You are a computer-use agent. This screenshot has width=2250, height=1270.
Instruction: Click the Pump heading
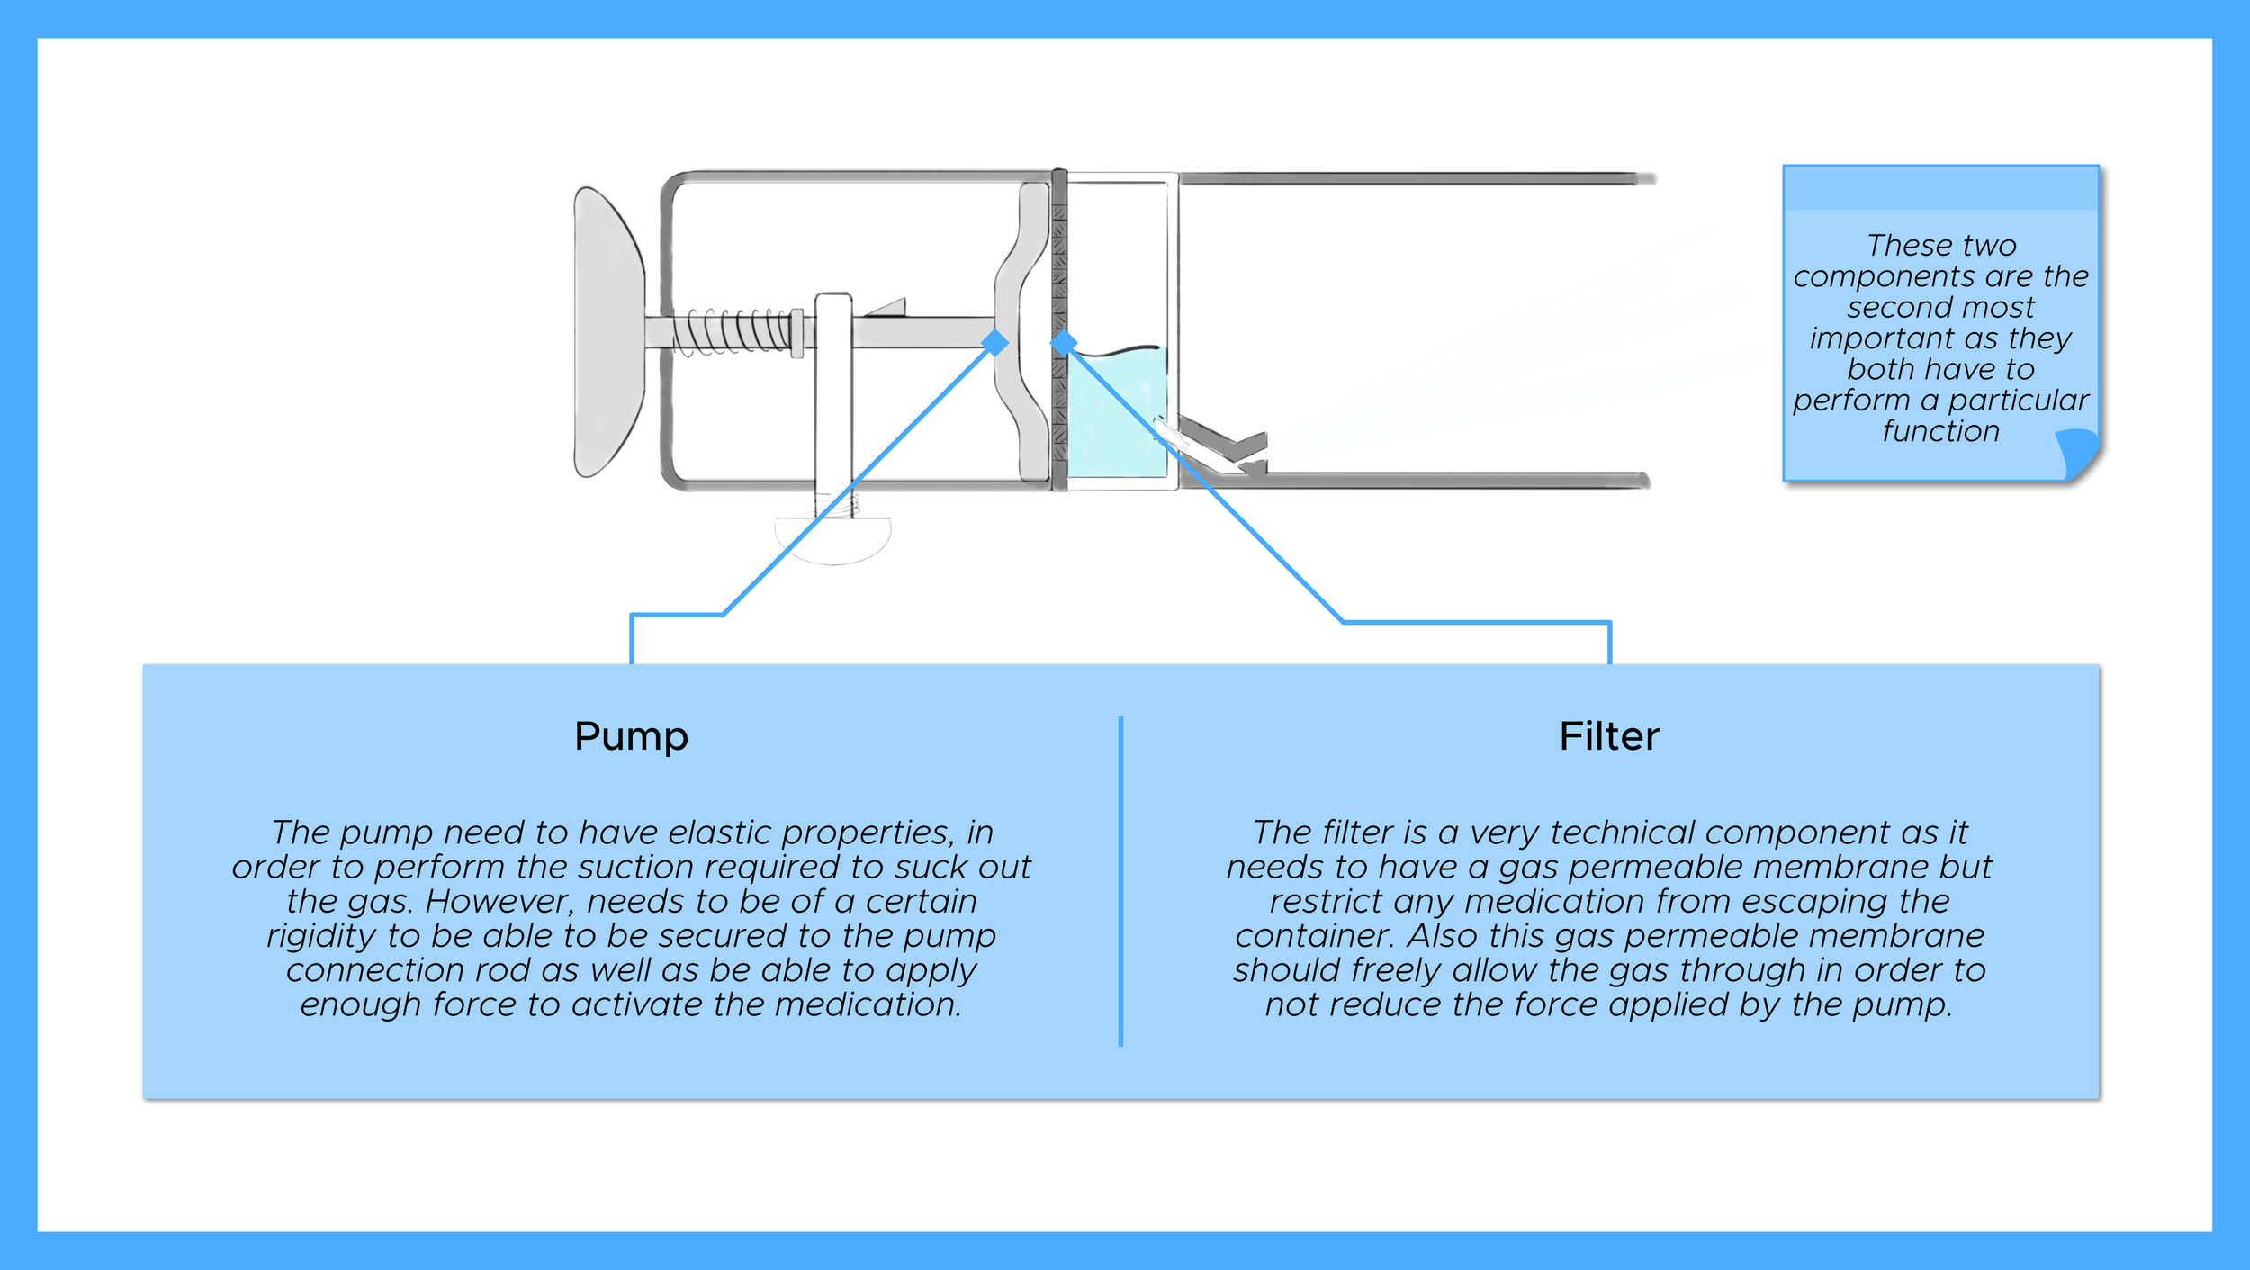(x=631, y=736)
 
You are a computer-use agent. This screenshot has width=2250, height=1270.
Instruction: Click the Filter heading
(x=1608, y=736)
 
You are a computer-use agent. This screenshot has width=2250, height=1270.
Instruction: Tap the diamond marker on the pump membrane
(x=994, y=342)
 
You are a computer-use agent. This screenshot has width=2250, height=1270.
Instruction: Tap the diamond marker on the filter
(x=1064, y=342)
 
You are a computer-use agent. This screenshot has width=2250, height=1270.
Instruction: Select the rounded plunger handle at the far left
(x=607, y=331)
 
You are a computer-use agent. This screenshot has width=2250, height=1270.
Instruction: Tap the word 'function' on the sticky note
(x=1940, y=431)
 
